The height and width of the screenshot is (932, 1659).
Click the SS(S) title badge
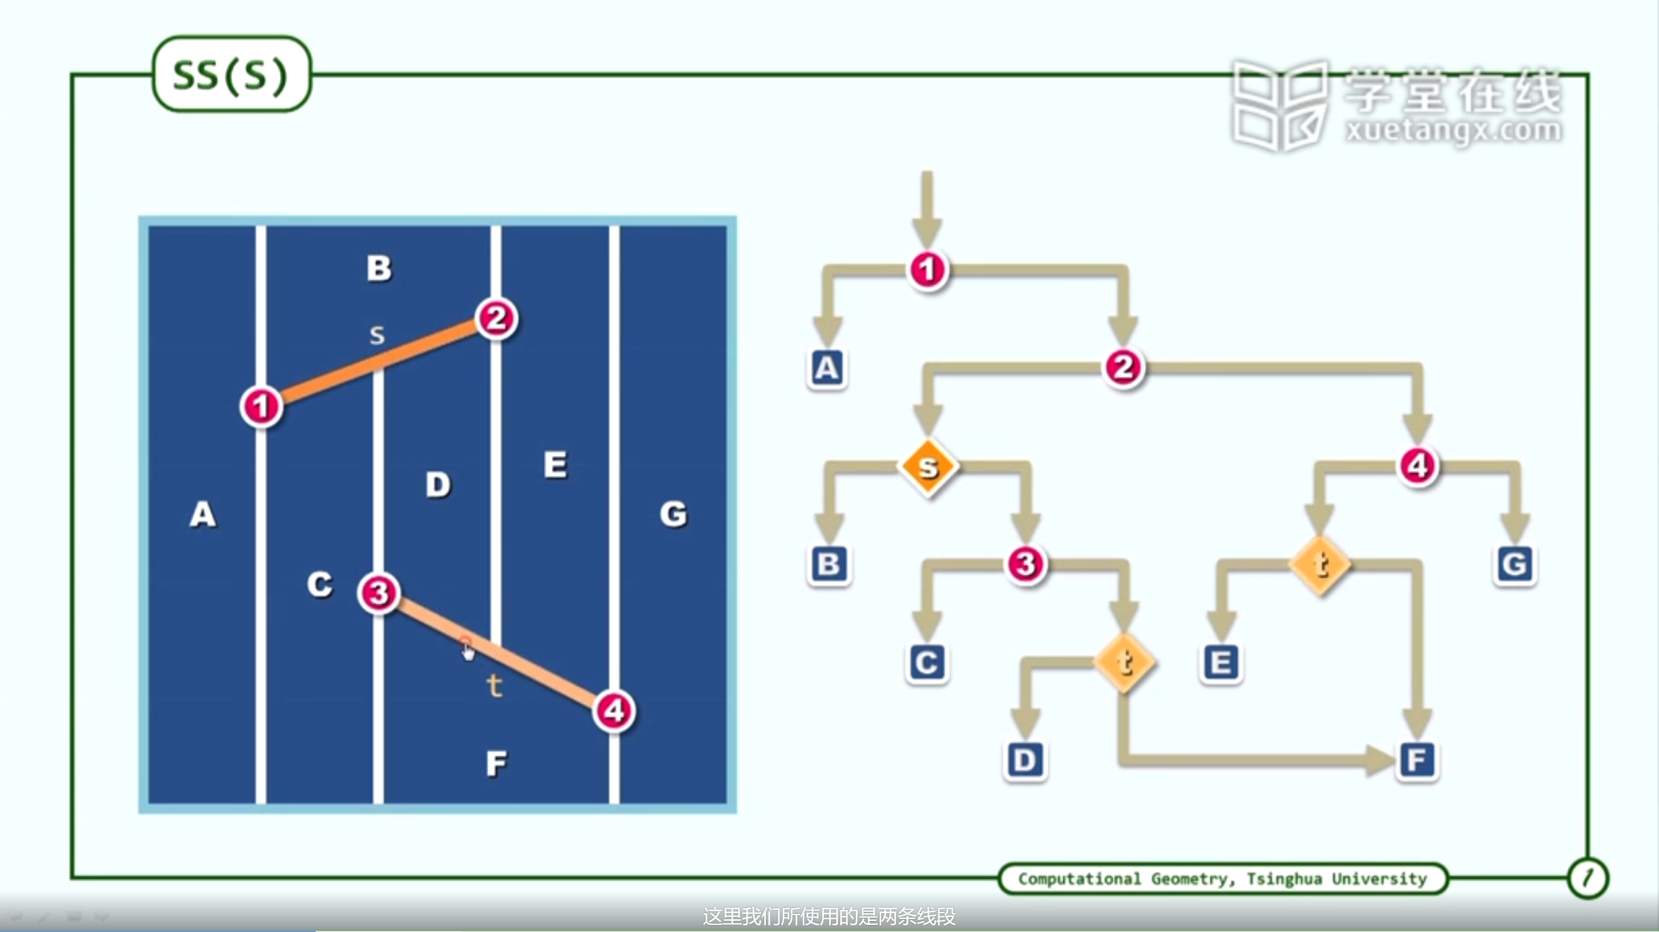point(231,74)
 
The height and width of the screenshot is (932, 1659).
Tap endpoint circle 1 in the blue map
point(261,407)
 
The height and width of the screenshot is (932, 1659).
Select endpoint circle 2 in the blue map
point(496,319)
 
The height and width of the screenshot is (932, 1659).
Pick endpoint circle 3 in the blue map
point(379,593)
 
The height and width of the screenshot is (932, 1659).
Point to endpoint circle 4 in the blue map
point(614,711)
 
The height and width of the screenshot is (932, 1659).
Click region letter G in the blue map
point(673,514)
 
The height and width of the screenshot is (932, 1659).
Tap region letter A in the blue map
point(203,515)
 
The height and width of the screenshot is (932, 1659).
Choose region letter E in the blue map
point(555,465)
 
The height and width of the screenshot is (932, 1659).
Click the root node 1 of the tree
point(927,269)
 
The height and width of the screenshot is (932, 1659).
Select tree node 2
point(1123,367)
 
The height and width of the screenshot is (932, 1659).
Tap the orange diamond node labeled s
point(928,466)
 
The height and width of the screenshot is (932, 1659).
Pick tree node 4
point(1417,466)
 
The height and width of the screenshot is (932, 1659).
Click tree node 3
point(1025,563)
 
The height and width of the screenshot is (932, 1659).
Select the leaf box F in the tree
point(1417,760)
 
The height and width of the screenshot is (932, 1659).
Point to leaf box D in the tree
point(1025,760)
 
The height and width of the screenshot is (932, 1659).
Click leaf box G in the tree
point(1514,564)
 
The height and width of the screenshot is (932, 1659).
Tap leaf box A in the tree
point(827,368)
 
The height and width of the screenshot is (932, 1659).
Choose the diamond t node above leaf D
point(1124,662)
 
